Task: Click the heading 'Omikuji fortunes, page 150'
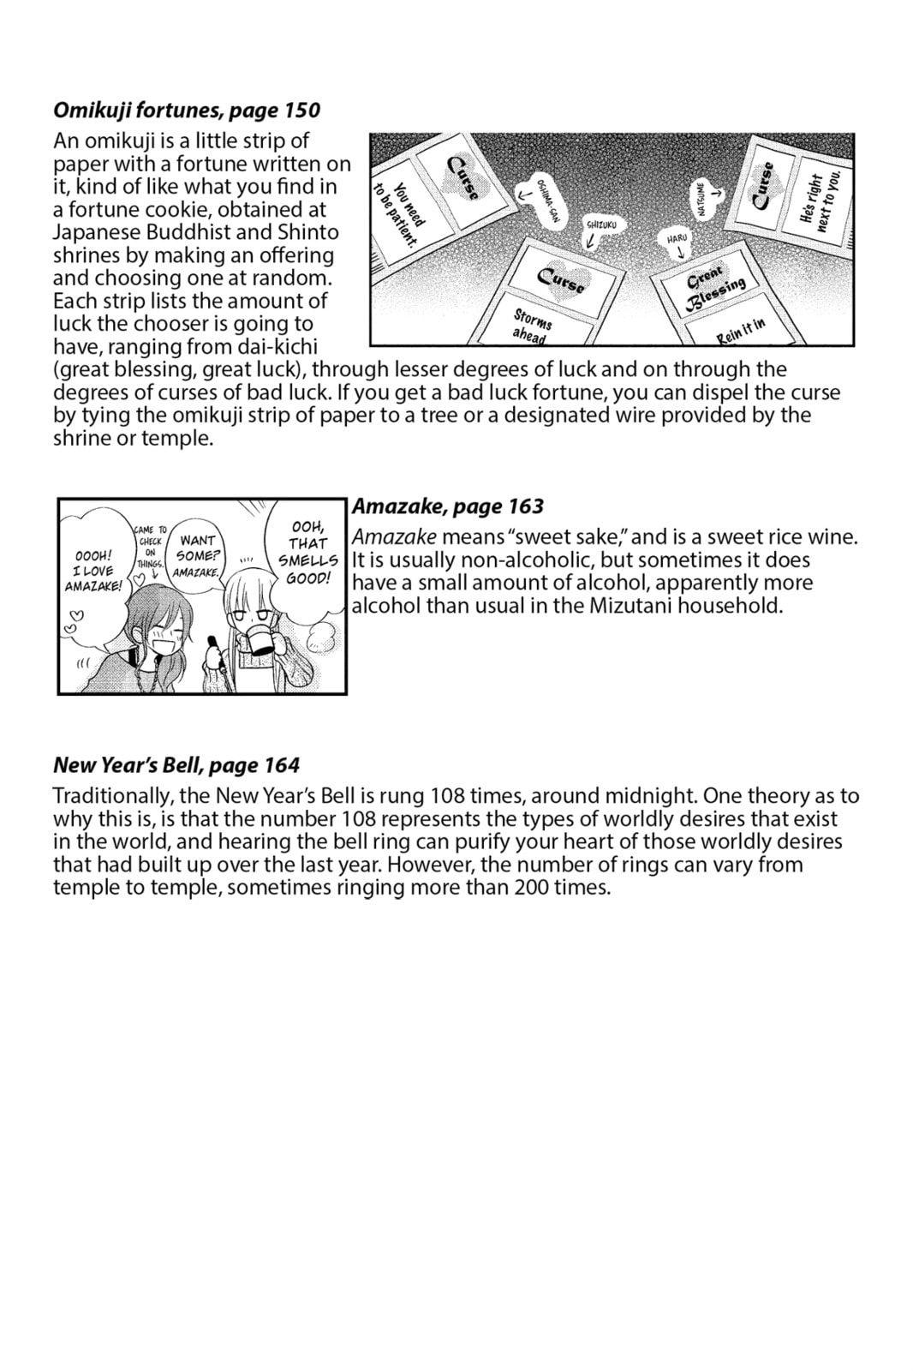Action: (187, 110)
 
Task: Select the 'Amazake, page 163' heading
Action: (448, 506)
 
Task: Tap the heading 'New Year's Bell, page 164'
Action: (176, 765)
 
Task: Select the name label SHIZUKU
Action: (601, 225)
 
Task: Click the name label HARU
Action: (677, 238)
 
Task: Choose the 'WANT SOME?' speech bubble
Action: (198, 554)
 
